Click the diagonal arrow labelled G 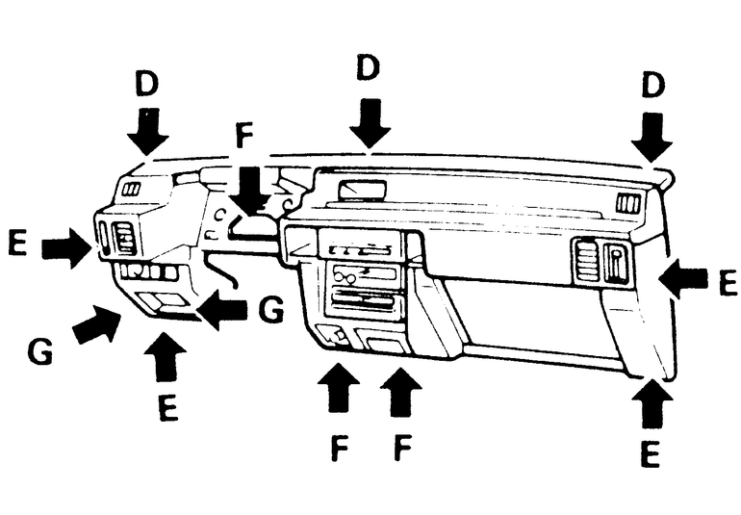(x=96, y=323)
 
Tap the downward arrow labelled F (x=250, y=189)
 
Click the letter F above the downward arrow (x=244, y=134)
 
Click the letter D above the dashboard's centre (x=368, y=68)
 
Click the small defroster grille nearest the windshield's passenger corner (x=628, y=203)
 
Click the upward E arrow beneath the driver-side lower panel (x=165, y=358)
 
